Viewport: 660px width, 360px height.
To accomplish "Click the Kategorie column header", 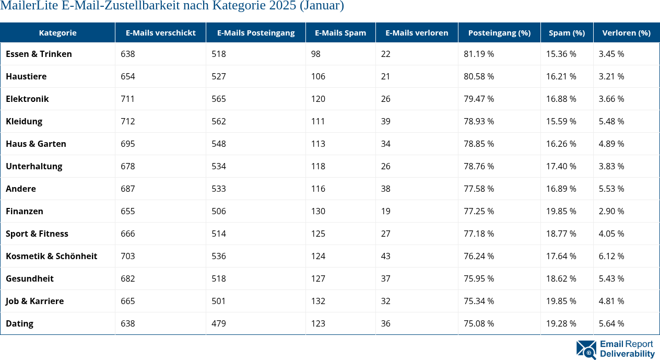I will [57, 32].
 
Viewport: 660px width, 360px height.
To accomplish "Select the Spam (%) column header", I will [567, 32].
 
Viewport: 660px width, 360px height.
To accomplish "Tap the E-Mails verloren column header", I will [417, 32].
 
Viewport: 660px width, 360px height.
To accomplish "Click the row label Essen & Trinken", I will [39, 54].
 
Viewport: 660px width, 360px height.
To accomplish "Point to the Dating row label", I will [19, 323].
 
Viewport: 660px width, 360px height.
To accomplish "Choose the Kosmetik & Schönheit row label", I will [51, 256].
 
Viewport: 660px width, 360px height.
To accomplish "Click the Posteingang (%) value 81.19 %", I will [479, 54].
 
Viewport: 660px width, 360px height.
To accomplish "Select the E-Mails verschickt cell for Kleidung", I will [128, 121].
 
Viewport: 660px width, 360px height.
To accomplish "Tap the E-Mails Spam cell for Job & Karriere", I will [318, 301].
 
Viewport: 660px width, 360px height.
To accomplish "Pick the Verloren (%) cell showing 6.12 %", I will [611, 256].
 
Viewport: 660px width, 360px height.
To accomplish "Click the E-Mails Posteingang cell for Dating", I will [219, 323].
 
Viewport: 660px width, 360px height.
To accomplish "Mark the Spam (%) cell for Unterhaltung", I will [561, 166].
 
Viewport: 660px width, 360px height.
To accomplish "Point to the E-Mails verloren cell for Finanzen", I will [386, 211].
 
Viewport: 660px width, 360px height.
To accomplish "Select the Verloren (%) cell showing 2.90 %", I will [611, 211].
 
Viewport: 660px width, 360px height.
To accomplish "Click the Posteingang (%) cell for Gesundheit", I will [479, 278].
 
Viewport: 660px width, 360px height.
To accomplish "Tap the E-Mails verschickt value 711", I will [128, 99].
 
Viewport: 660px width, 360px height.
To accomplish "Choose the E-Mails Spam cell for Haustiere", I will [318, 76].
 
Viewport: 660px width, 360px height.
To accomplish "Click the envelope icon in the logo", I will [586, 350].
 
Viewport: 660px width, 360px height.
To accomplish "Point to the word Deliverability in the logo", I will [627, 354].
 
